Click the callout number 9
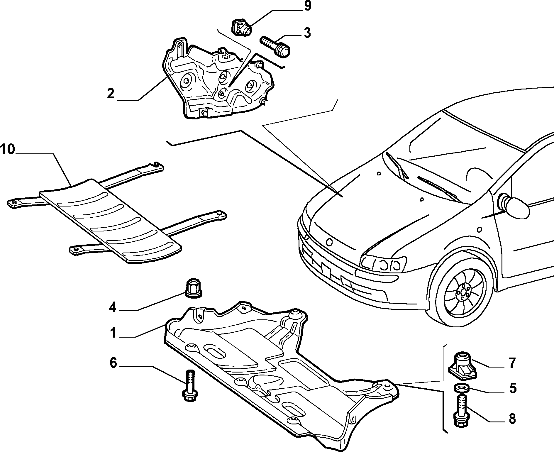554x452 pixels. pyautogui.click(x=307, y=6)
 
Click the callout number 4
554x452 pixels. pyautogui.click(x=113, y=308)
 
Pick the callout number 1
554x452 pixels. pyautogui.click(x=113, y=334)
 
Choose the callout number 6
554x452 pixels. pyautogui.click(x=113, y=363)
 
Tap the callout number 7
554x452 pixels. pyautogui.click(x=512, y=363)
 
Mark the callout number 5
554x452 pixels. pyautogui.click(x=512, y=388)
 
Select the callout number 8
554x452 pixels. pyautogui.click(x=512, y=419)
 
